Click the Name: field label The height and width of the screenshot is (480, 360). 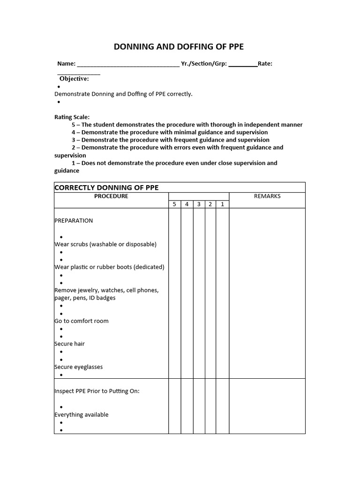(x=66, y=64)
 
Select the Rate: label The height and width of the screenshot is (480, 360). (x=265, y=64)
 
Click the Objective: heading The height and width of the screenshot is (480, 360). (x=74, y=79)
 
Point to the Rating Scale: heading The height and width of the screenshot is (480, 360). (x=72, y=117)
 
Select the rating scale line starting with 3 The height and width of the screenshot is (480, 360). (x=171, y=140)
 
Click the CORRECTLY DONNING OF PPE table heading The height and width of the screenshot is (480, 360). (x=106, y=187)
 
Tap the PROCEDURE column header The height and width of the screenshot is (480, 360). (x=111, y=196)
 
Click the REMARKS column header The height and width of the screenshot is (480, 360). (x=267, y=196)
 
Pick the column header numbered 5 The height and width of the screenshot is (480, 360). (x=174, y=204)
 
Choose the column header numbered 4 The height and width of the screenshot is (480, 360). (x=187, y=204)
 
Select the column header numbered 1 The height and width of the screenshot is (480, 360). (x=222, y=204)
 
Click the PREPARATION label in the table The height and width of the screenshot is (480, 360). (x=74, y=221)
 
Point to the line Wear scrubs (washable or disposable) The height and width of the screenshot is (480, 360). (x=105, y=244)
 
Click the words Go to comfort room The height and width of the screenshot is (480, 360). (x=82, y=321)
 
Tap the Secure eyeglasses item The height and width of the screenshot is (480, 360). (x=79, y=367)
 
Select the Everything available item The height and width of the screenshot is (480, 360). (x=82, y=415)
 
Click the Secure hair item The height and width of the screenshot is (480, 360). (x=70, y=344)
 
